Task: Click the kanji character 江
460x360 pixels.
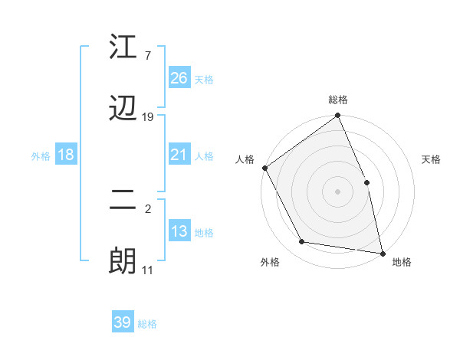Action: (x=123, y=47)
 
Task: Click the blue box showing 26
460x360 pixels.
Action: (x=179, y=77)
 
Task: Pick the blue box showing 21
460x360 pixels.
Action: (x=179, y=155)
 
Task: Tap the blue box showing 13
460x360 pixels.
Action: (x=179, y=231)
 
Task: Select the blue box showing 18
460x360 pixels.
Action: (x=65, y=155)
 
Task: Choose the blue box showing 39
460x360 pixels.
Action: (x=122, y=322)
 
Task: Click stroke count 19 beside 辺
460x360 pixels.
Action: (x=148, y=117)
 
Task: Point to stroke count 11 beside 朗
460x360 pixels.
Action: (x=148, y=270)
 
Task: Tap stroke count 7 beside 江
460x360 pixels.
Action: (x=148, y=56)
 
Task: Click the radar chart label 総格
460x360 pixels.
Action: (x=338, y=100)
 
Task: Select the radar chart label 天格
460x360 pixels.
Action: (x=432, y=160)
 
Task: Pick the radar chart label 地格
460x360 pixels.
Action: (x=402, y=263)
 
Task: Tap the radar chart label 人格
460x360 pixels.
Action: (x=245, y=160)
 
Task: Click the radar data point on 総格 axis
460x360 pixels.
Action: (x=338, y=116)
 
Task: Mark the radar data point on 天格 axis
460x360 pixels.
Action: (x=366, y=182)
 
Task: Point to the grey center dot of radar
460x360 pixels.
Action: (x=338, y=191)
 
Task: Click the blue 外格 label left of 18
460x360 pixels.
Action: (x=41, y=156)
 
